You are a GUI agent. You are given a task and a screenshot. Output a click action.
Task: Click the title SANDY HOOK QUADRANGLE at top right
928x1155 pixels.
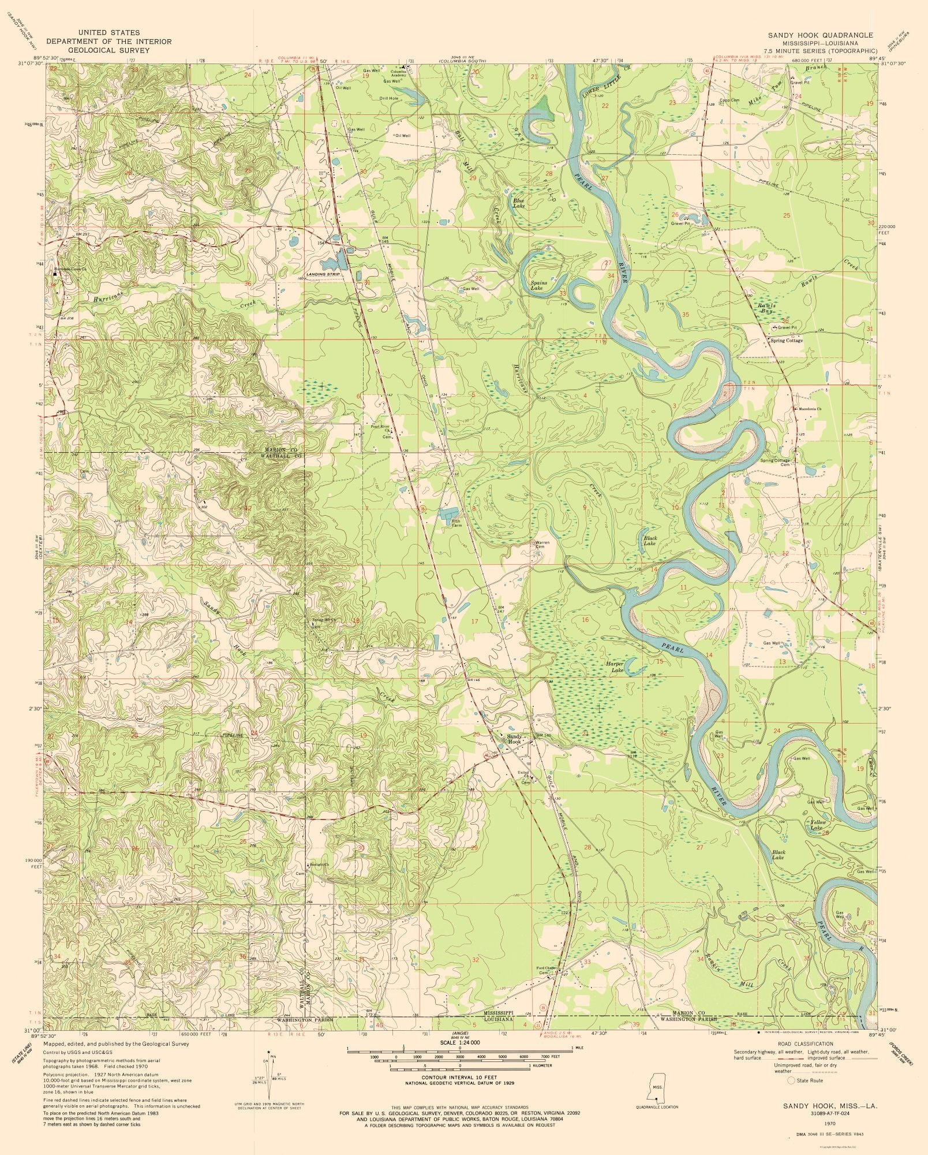click(820, 35)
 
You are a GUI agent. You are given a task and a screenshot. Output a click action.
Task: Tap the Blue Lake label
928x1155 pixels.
click(519, 203)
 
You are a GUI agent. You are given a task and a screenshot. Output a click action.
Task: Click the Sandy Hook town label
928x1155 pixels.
click(514, 739)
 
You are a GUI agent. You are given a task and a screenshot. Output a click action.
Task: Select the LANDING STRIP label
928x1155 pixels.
click(324, 274)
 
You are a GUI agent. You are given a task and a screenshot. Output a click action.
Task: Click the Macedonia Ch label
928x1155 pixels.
click(810, 409)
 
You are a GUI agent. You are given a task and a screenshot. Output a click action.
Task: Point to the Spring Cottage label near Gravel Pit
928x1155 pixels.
click(787, 341)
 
